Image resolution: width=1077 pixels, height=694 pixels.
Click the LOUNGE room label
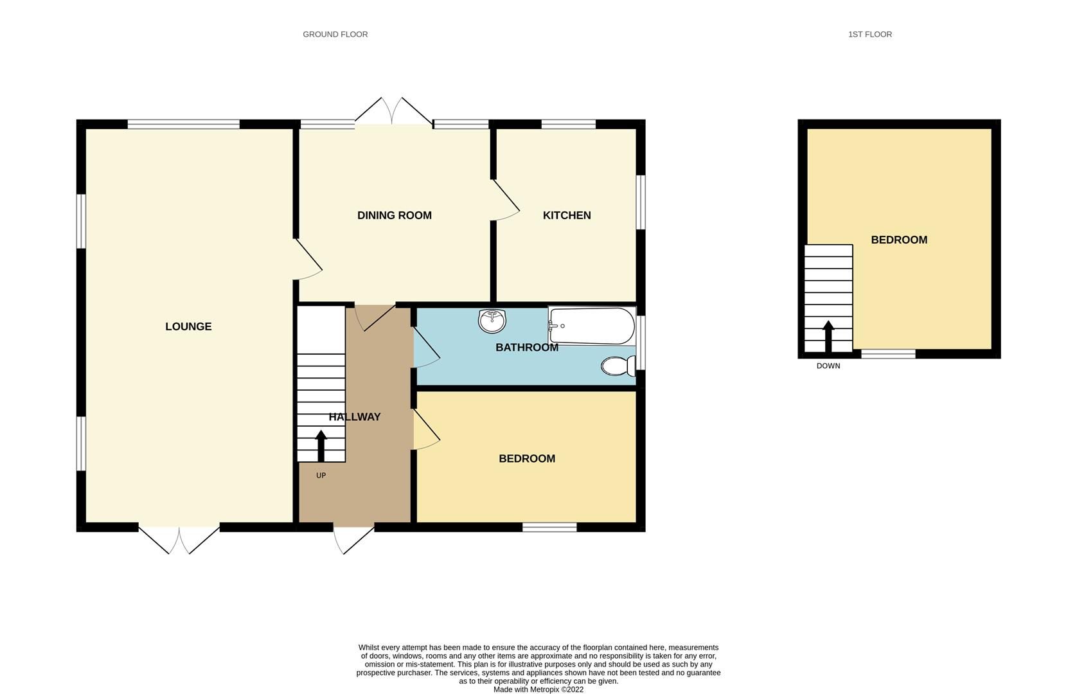(188, 326)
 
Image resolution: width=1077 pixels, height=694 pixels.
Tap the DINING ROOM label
(394, 215)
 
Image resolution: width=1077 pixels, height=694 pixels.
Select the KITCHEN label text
(567, 215)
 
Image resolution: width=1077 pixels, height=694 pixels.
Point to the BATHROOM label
(526, 348)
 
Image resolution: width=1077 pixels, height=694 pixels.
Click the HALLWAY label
(355, 417)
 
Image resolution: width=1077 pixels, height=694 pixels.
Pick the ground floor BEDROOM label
(527, 459)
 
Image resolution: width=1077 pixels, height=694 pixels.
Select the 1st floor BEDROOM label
(899, 240)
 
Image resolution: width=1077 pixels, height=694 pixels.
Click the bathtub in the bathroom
(591, 326)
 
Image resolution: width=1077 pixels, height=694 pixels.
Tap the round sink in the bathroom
(492, 321)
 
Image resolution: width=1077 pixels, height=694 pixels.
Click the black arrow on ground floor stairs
(321, 445)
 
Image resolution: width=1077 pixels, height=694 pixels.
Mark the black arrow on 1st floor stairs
(828, 335)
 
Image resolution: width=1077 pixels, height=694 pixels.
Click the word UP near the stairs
(321, 476)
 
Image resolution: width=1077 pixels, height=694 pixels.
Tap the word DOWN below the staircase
(828, 366)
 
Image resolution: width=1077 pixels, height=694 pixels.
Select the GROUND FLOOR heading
(335, 34)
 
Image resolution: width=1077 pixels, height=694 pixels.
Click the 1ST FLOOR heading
(869, 34)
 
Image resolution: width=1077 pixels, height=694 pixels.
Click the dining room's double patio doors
(393, 112)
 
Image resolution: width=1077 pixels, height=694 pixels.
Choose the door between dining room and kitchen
(506, 200)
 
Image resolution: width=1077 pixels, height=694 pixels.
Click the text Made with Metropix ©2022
(538, 690)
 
